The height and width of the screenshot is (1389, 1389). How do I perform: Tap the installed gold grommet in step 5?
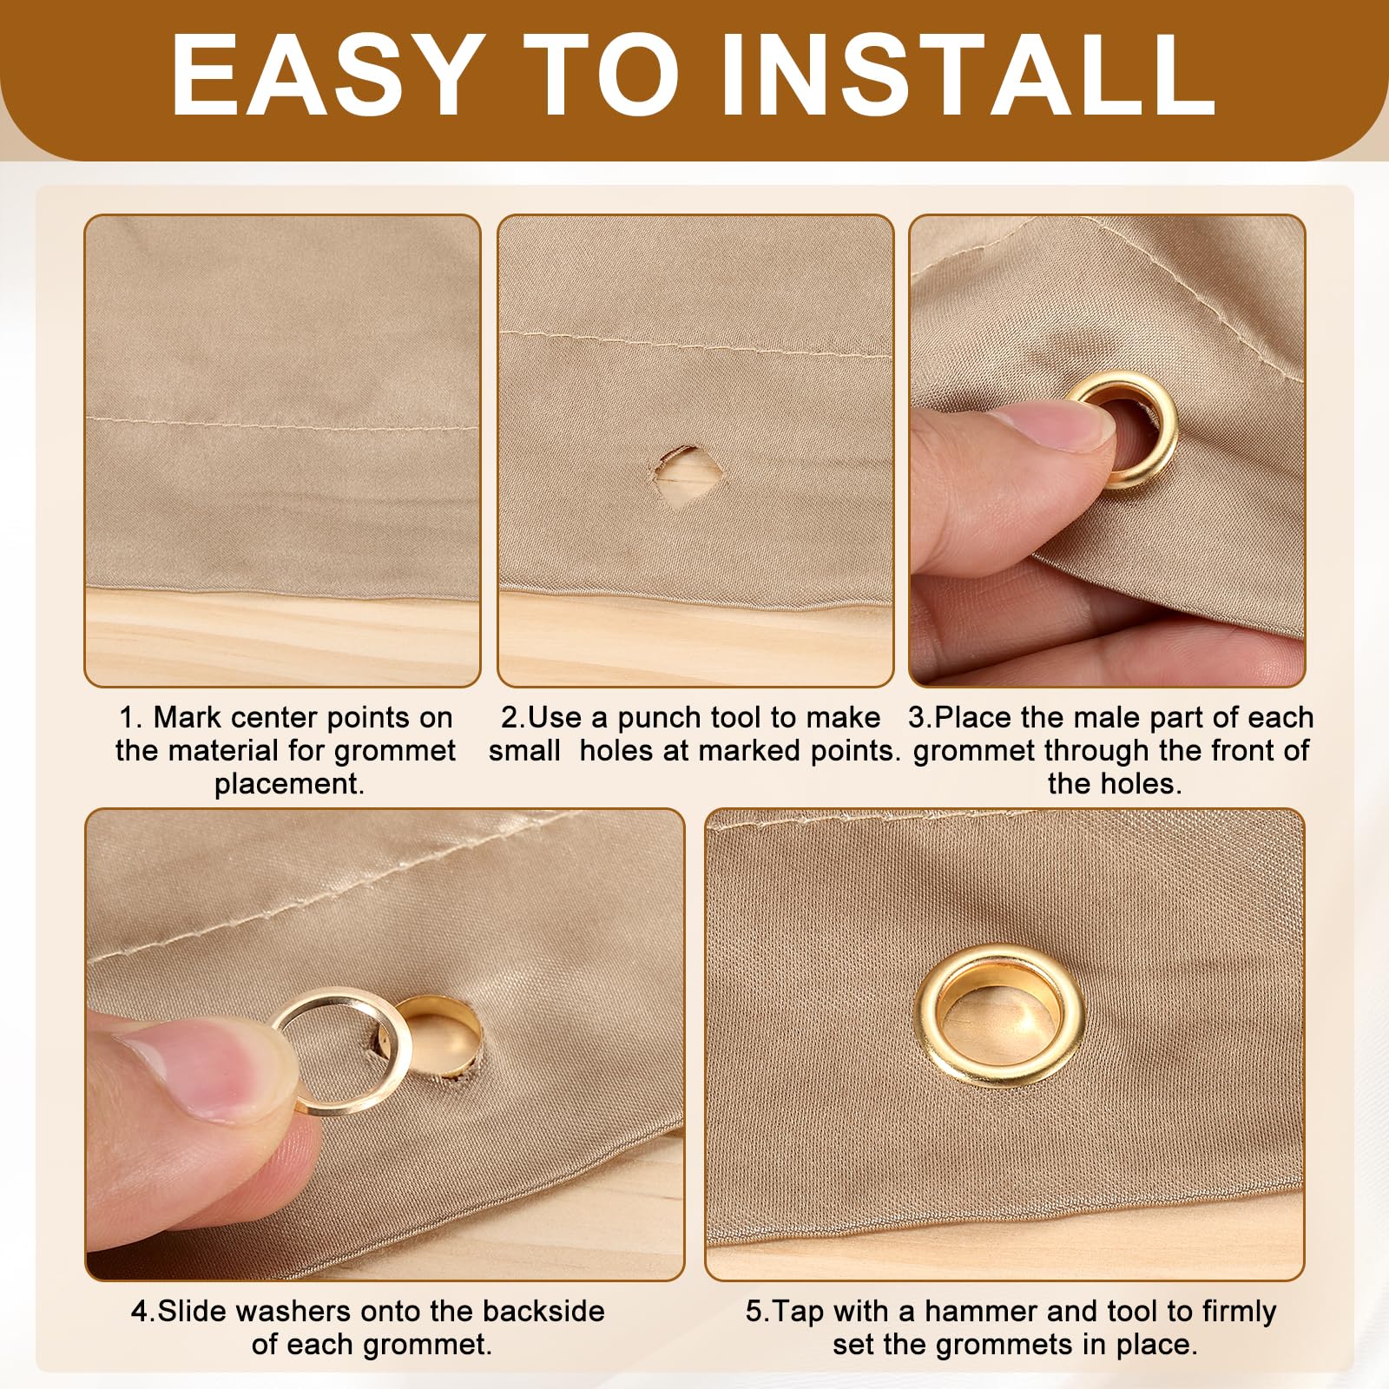[x=998, y=1016]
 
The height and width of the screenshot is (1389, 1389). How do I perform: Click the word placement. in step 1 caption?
[x=289, y=785]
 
